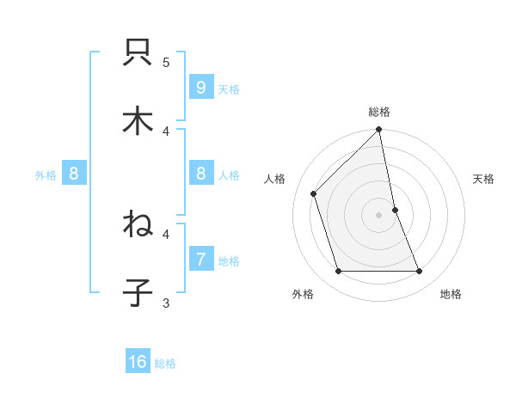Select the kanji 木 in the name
pos(138,120)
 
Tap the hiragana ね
pos(138,225)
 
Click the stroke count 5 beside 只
pos(166,62)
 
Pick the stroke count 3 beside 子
pos(166,303)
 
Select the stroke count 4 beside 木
pos(166,131)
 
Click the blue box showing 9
pos(200,88)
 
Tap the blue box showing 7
pos(200,260)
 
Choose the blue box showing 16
pos(138,362)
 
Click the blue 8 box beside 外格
pos(74,174)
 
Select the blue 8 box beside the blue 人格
pos(200,174)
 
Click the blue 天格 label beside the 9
pos(229,89)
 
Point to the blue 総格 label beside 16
pos(165,364)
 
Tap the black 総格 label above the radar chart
pos(379,112)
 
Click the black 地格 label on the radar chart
pos(451,294)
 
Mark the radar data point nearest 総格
pos(379,131)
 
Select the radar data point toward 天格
pos(395,210)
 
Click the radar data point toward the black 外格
pos(339,272)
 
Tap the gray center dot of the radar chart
pos(379,215)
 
